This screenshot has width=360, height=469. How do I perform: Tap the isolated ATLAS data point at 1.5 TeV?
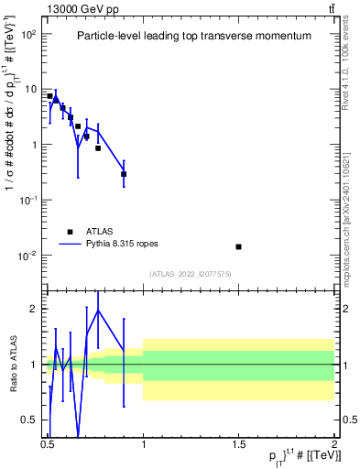pyautogui.click(x=238, y=246)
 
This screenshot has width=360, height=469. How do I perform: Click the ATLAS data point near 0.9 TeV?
pyautogui.click(x=124, y=174)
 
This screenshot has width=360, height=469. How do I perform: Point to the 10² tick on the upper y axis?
pyautogui.click(x=30, y=34)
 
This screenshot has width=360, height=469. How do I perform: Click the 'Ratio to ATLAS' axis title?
pyautogui.click(x=12, y=364)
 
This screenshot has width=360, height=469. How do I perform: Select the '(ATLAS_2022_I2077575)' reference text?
pyautogui.click(x=191, y=274)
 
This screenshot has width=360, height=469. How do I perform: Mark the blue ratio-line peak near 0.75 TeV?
pyautogui.click(x=98, y=310)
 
